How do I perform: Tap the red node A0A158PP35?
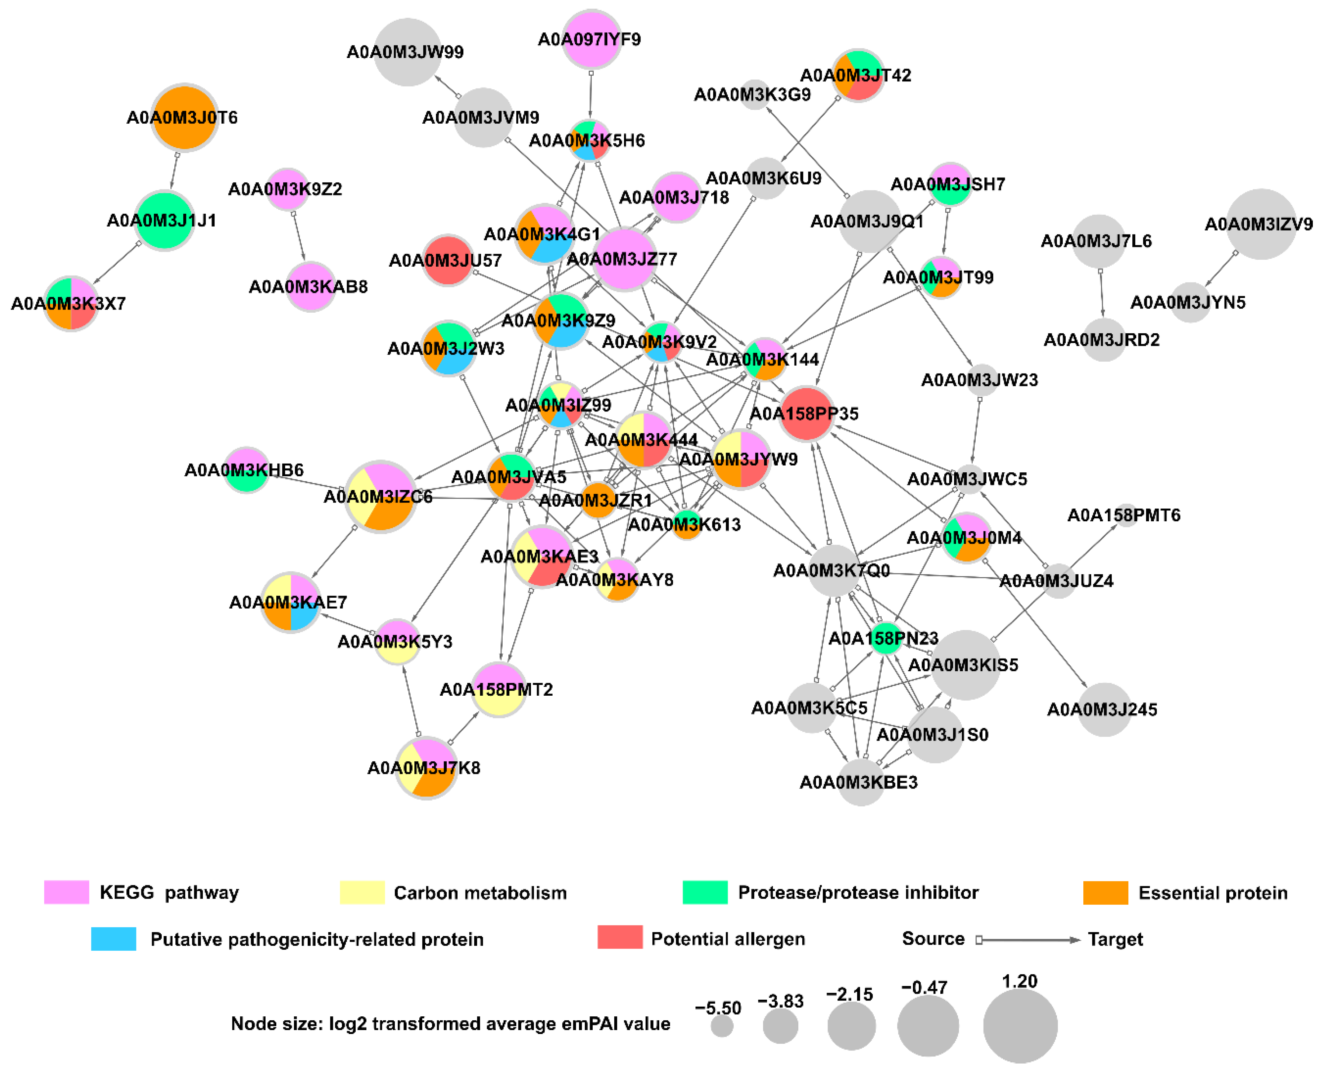coord(806,414)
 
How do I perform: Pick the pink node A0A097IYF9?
coord(591,39)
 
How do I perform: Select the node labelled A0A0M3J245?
coord(1103,709)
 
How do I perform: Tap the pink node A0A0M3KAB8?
coord(310,287)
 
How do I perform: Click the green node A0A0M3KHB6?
coord(246,470)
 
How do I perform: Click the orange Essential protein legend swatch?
coord(1105,892)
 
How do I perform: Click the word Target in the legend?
coord(1114,939)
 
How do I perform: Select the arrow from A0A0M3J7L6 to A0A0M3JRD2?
coord(1101,293)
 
